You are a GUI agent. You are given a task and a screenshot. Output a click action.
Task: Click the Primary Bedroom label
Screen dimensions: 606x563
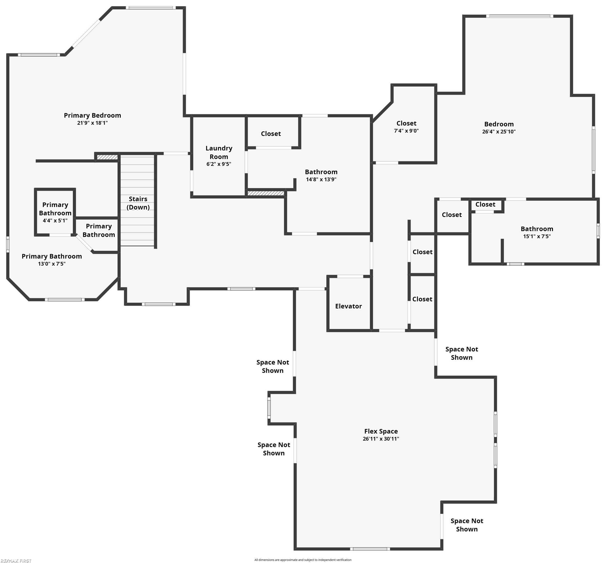point(92,116)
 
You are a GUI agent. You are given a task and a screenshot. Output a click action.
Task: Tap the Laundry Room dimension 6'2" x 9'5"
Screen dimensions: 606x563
point(219,164)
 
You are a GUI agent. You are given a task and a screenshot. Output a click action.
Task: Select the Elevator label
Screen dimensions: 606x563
point(348,306)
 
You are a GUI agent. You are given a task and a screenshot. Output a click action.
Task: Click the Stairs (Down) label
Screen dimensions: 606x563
point(138,203)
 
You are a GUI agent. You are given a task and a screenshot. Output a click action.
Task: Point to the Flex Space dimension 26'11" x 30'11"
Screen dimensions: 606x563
point(381,439)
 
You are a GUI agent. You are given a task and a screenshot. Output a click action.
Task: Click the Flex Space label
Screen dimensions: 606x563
point(381,431)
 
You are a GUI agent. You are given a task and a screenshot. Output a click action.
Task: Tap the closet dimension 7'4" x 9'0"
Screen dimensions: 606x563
point(406,131)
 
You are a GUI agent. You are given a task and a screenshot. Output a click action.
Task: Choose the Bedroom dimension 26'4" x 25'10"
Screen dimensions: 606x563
point(499,132)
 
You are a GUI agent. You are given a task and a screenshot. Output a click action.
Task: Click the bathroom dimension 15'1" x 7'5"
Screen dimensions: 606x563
point(537,236)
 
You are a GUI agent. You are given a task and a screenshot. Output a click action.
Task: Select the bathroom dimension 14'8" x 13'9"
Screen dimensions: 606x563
point(321,179)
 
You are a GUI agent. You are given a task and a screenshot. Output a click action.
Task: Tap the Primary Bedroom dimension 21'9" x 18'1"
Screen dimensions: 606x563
point(92,123)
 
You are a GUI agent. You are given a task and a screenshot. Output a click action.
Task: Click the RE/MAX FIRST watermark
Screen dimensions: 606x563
point(16,560)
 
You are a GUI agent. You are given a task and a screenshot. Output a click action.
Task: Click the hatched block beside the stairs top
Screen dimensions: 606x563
point(107,157)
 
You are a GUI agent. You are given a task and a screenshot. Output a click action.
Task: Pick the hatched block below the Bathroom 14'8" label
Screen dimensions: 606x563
point(266,193)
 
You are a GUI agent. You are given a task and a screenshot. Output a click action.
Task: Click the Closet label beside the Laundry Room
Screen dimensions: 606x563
point(271,134)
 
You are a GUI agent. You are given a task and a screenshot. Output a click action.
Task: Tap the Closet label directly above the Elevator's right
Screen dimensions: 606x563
point(422,252)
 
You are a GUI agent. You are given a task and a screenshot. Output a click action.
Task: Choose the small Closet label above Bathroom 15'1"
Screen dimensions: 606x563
point(485,205)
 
